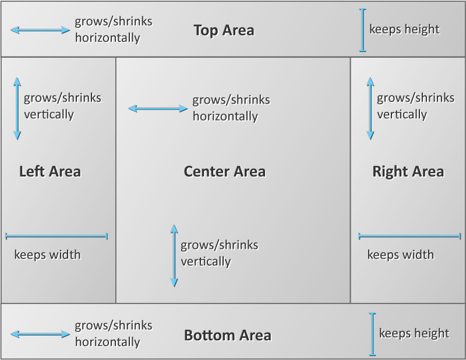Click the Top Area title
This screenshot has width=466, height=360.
click(224, 30)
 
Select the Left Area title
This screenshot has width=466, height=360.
click(50, 171)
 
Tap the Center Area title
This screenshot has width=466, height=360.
click(224, 171)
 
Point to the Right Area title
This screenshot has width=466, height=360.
click(408, 171)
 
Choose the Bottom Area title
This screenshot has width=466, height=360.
click(227, 336)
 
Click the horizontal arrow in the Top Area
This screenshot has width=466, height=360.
click(40, 30)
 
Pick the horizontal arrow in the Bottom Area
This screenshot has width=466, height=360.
click(40, 334)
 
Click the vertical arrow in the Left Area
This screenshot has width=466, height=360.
click(17, 110)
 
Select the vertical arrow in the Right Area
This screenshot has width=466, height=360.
click(370, 110)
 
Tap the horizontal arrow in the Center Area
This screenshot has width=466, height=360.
click(158, 108)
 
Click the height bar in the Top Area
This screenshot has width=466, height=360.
click(363, 30)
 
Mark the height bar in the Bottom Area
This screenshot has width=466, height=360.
click(372, 334)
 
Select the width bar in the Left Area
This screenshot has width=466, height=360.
click(57, 236)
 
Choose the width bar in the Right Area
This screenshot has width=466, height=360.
click(410, 236)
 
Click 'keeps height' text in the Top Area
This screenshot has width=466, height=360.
click(404, 29)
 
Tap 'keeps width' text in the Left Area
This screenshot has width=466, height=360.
click(47, 255)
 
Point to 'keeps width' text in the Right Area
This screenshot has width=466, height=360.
click(401, 255)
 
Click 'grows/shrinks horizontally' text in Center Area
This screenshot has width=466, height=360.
click(231, 108)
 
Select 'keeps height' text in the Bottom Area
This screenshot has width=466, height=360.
click(414, 333)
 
